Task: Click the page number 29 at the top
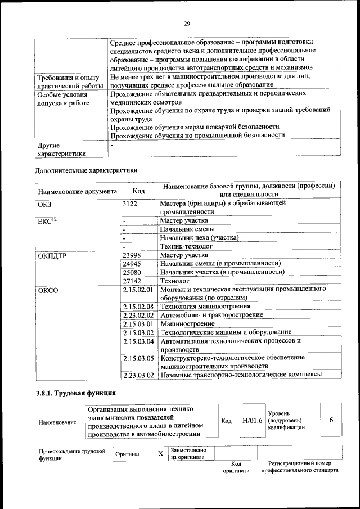coord(187,23)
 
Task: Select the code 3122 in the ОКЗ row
coord(130,203)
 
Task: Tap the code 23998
coord(131,255)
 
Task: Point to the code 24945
coord(131,263)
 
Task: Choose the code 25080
coord(131,272)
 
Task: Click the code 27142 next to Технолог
coord(131,280)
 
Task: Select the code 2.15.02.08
coord(138,306)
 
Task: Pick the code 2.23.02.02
coord(138,315)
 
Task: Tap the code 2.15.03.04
coord(138,341)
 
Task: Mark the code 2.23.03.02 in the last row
coord(138,375)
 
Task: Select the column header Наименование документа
coord(77,191)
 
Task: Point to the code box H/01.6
coord(252,420)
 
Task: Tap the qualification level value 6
coord(331,420)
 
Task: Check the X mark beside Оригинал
coord(160,453)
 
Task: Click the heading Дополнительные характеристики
coord(85,169)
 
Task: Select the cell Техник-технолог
coord(186,246)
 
